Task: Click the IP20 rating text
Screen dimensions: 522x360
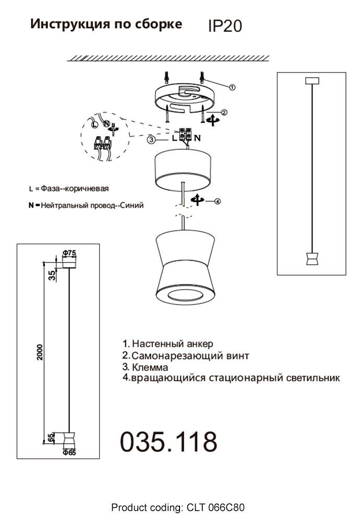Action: (225, 26)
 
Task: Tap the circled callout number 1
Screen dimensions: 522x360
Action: (233, 87)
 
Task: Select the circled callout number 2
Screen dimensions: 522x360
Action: (224, 112)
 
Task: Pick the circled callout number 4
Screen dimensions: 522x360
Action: (218, 201)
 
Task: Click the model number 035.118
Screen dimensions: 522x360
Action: (169, 442)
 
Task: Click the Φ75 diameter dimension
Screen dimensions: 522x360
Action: (69, 253)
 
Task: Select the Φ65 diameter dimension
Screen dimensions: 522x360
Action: (69, 453)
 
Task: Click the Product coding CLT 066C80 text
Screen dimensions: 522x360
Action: (178, 507)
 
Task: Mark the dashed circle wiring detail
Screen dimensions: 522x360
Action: (104, 137)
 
